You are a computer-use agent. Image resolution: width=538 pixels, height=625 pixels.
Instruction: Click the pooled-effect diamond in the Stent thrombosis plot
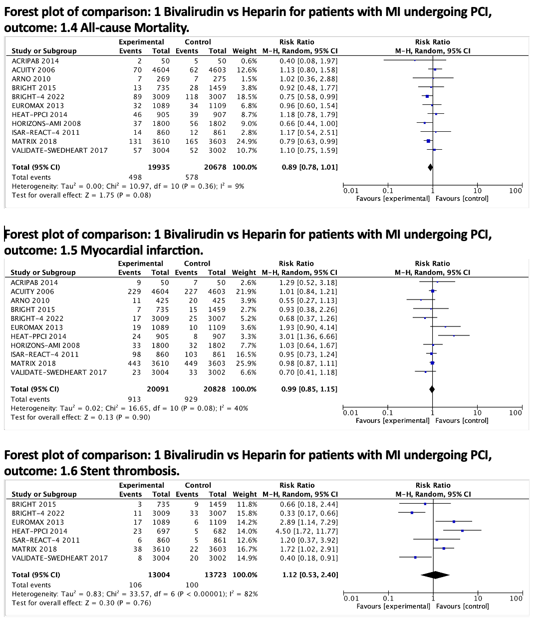click(x=435, y=575)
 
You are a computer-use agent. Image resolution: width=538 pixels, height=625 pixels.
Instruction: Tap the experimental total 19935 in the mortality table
click(x=159, y=167)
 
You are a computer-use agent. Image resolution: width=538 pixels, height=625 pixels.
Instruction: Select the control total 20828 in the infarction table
click(x=216, y=389)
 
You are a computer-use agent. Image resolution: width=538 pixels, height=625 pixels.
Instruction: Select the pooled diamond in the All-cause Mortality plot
click(x=430, y=167)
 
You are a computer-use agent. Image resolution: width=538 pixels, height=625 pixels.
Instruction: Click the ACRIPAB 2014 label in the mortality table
click(x=35, y=61)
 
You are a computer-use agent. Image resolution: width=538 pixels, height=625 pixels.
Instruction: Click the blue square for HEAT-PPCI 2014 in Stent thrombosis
click(x=462, y=531)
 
